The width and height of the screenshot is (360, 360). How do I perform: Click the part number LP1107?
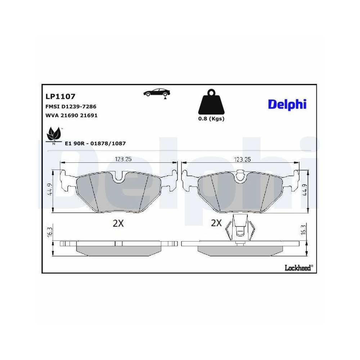pyautogui.click(x=60, y=96)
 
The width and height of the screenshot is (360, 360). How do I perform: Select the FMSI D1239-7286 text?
pyautogui.click(x=71, y=107)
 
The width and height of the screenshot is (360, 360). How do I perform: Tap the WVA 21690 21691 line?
pyautogui.click(x=71, y=116)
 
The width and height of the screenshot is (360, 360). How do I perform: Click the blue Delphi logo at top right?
pyautogui.click(x=287, y=104)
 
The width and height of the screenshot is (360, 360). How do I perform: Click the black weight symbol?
pyautogui.click(x=211, y=102)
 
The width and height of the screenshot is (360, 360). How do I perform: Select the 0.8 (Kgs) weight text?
pyautogui.click(x=211, y=119)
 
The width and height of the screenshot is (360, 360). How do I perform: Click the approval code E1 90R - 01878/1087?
pyautogui.click(x=95, y=143)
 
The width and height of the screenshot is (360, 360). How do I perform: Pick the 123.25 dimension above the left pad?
pyautogui.click(x=123, y=159)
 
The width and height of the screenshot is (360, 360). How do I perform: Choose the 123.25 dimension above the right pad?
pyautogui.click(x=242, y=159)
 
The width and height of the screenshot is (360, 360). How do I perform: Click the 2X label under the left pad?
pyautogui.click(x=118, y=224)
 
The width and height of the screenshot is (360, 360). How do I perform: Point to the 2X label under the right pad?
pyautogui.click(x=216, y=223)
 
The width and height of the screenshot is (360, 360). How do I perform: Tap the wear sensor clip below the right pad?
pyautogui.click(x=239, y=229)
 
